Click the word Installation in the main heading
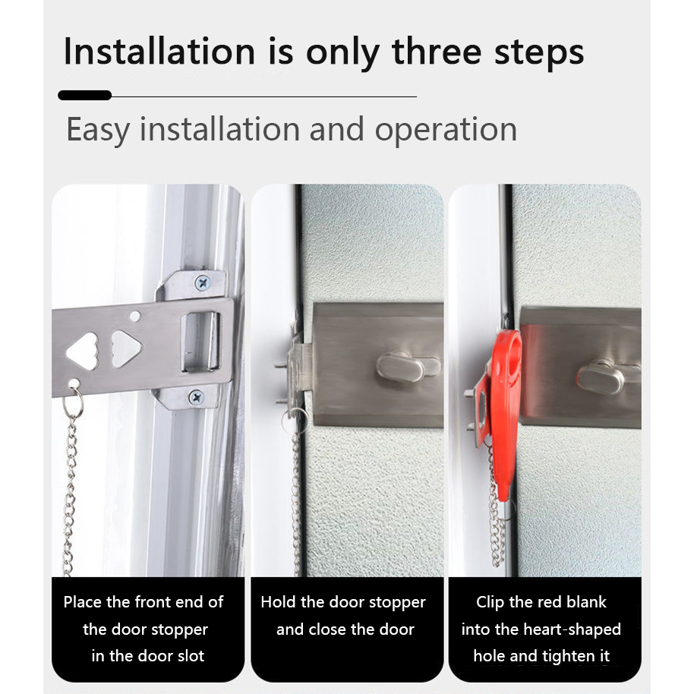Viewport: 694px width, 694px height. (159, 52)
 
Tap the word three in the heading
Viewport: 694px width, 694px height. (437, 52)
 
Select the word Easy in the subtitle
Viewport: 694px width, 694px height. (98, 130)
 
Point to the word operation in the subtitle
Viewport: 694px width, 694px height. (446, 130)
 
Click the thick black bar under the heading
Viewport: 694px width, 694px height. (84, 95)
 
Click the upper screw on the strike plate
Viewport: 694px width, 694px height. (203, 282)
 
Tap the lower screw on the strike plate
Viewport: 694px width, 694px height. (196, 397)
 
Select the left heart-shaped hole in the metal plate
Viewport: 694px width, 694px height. (83, 351)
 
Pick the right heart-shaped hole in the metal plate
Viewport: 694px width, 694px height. (126, 349)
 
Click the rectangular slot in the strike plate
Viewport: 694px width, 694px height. (200, 341)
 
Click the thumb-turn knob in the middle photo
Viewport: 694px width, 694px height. (407, 367)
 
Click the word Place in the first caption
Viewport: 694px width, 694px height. (83, 602)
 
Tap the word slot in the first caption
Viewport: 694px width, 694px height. (189, 656)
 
